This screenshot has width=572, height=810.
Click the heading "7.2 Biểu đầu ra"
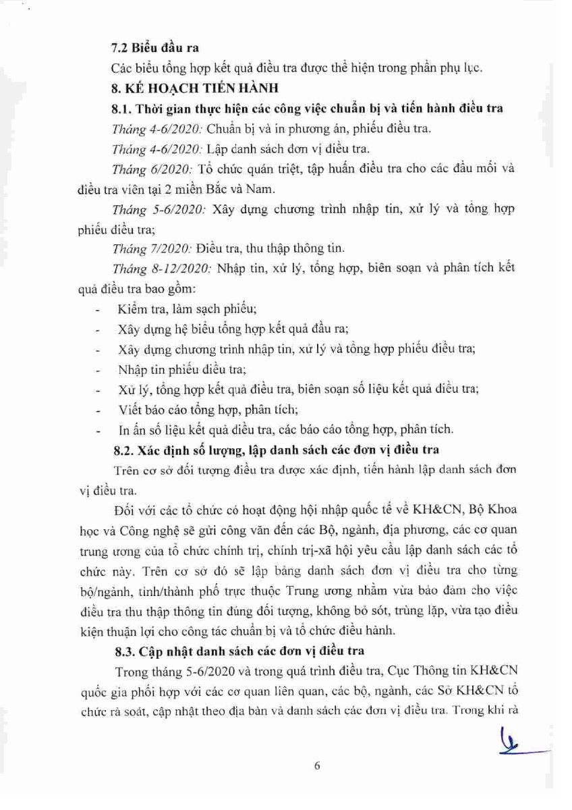[x=154, y=49]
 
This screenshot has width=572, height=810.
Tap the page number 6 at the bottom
[x=316, y=765]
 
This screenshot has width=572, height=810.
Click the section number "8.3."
[x=123, y=651]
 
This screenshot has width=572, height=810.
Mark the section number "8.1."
[x=123, y=108]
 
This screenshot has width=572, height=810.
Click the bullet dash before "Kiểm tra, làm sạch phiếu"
[x=99, y=310]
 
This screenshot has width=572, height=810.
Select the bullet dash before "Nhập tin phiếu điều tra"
[x=99, y=371]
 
